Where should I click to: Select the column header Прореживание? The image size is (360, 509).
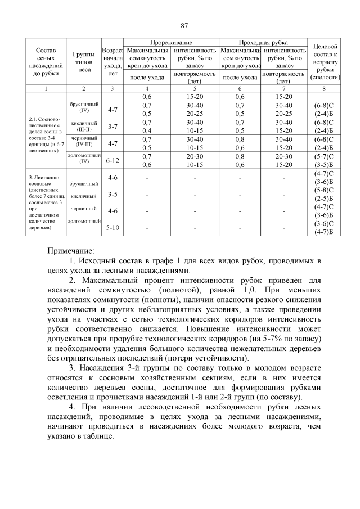[x=171, y=43]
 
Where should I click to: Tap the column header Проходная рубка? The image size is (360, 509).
[x=263, y=43]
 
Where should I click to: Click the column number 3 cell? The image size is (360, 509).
[x=112, y=89]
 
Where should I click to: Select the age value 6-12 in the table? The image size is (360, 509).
[x=112, y=160]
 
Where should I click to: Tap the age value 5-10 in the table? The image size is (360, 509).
[x=112, y=228]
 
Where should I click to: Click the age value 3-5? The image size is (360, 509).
[x=112, y=195]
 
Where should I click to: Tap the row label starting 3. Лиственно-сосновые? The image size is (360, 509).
[x=45, y=202]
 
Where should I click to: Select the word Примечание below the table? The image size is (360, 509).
[x=71, y=250]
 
